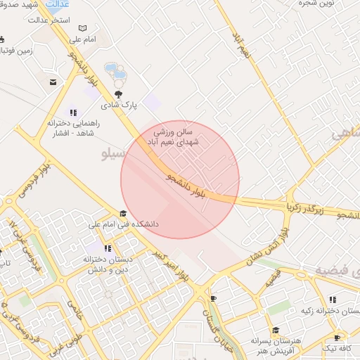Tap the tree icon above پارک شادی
pos(118,94)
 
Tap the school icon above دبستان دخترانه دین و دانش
pos(108,248)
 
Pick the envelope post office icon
pos(53,82)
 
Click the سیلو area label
pos(115,153)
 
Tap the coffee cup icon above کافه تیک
pos(337,338)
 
